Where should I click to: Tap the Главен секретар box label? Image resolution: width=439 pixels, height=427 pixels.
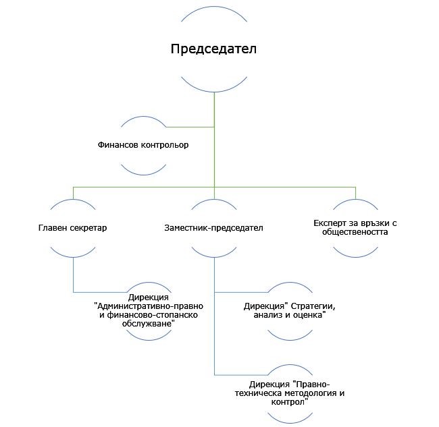click(x=72, y=227)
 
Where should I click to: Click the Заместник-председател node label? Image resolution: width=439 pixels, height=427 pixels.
click(x=213, y=227)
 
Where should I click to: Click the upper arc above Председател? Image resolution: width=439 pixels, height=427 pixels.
click(x=214, y=9)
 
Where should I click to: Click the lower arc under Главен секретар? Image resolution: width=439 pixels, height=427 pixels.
click(x=72, y=254)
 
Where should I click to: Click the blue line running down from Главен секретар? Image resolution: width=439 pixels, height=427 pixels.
click(x=73, y=273)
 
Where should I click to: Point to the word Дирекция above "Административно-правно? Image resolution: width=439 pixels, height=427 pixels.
click(x=148, y=297)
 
